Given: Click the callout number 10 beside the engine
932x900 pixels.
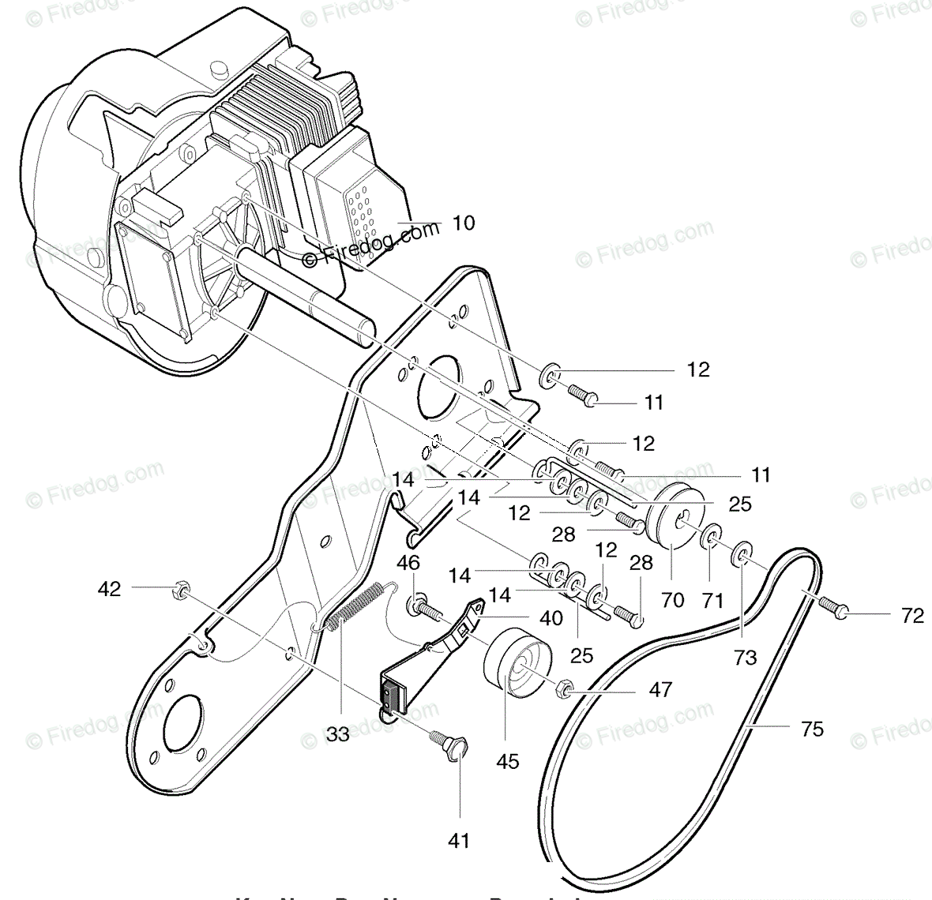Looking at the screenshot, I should (464, 223).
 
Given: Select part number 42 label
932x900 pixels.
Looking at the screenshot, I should (110, 589).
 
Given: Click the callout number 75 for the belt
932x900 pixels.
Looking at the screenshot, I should (812, 729).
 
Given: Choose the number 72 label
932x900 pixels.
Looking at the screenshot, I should (911, 615).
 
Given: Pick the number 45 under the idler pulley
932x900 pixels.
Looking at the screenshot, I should (509, 761).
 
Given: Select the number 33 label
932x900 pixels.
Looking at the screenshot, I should (337, 734).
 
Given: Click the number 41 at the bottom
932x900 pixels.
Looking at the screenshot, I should (458, 842).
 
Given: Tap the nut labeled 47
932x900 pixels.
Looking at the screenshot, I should (566, 689).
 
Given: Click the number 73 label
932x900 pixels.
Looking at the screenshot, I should (745, 657).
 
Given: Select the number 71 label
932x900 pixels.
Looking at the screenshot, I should (712, 601).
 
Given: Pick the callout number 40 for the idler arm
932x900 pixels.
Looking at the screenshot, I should (551, 617).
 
